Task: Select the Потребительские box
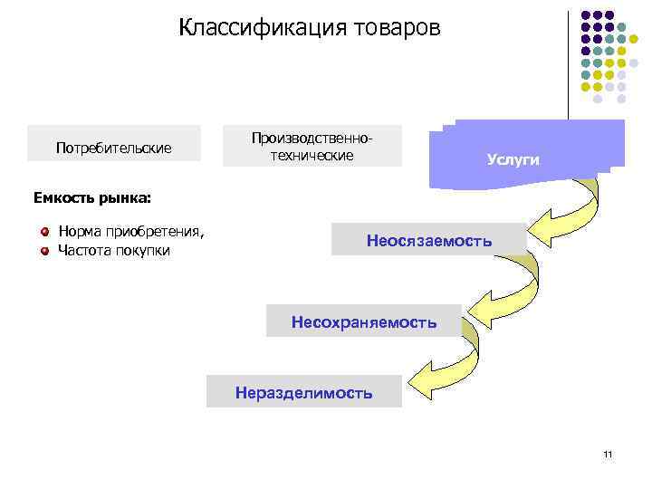click(114, 147)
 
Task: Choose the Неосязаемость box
click(428, 240)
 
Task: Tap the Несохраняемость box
click(363, 321)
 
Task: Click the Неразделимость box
click(303, 393)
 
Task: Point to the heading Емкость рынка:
click(92, 196)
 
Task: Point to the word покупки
click(144, 250)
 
